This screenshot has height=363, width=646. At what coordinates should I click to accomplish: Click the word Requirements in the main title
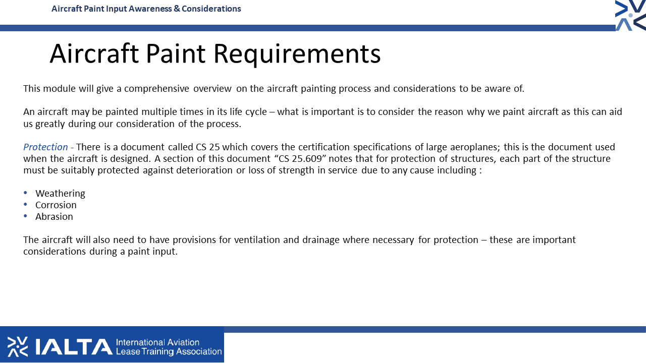[297, 54]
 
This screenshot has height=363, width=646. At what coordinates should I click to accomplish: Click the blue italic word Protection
[45, 147]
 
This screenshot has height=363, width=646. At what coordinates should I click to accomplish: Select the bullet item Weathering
[60, 193]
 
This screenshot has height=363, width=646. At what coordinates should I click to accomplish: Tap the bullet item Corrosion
[56, 205]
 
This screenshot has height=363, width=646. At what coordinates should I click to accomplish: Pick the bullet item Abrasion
[54, 216]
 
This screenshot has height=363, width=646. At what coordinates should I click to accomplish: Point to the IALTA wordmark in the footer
[74, 346]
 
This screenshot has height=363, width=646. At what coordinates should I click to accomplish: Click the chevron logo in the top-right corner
[631, 15]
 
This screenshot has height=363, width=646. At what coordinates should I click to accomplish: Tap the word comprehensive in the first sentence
[156, 89]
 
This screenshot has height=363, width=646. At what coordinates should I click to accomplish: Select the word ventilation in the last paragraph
[257, 239]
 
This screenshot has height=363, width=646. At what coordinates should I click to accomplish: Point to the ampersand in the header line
[177, 9]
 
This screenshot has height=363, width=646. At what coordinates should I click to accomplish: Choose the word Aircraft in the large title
[94, 53]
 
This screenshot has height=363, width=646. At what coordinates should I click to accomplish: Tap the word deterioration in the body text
[204, 170]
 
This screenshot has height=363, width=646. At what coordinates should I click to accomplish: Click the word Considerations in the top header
[211, 9]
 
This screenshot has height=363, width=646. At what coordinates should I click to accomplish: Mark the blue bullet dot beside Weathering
[25, 193]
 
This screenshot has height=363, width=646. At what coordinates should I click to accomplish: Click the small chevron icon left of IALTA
[18, 346]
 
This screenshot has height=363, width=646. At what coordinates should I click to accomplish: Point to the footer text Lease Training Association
[169, 351]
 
